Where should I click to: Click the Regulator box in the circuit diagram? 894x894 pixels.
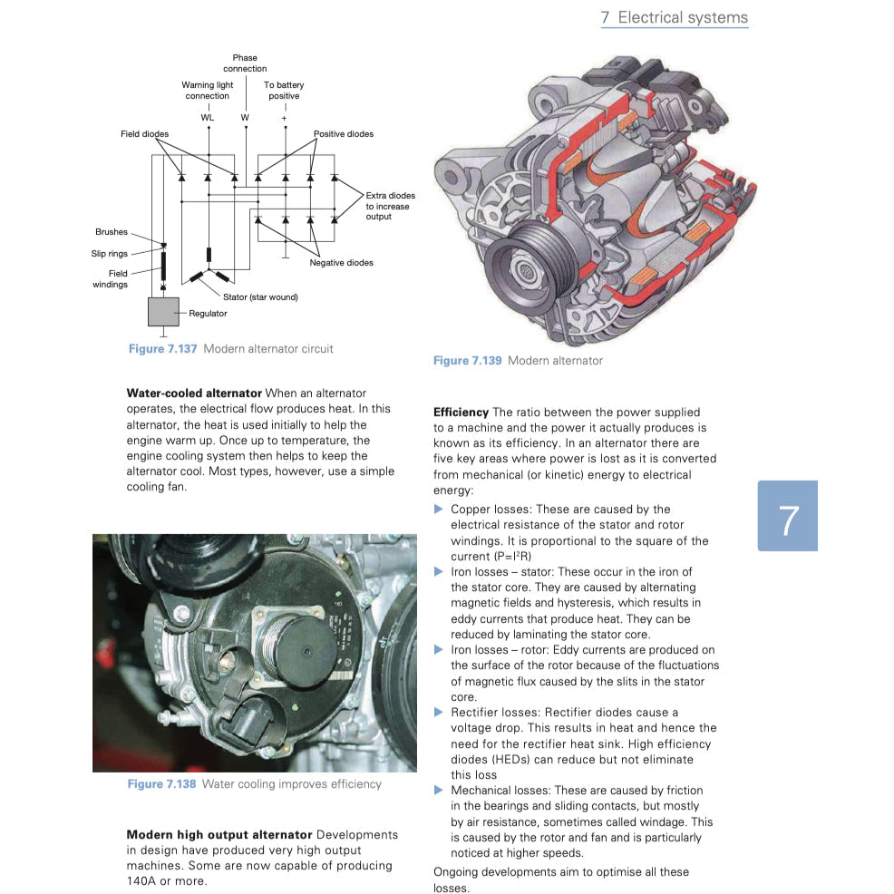(164, 311)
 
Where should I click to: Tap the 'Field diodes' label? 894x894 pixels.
(144, 134)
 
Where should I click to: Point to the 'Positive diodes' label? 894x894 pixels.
(343, 134)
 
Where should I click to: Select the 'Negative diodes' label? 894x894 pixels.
(341, 263)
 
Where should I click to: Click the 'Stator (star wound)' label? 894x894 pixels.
(260, 296)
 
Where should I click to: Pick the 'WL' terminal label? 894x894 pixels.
(208, 118)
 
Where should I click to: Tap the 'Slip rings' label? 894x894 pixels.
(109, 254)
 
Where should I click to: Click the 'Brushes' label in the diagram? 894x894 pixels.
(112, 232)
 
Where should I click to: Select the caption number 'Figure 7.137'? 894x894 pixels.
(162, 349)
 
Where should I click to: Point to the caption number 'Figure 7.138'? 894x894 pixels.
(161, 784)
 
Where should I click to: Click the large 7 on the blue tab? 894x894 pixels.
(787, 520)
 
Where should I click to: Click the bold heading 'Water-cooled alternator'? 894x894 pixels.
(194, 393)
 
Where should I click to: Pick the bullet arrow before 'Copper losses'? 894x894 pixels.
(439, 510)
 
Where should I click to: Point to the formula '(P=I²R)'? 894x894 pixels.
(511, 557)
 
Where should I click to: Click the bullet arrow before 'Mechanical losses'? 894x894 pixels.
(439, 791)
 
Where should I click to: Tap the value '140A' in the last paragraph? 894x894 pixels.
(143, 881)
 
